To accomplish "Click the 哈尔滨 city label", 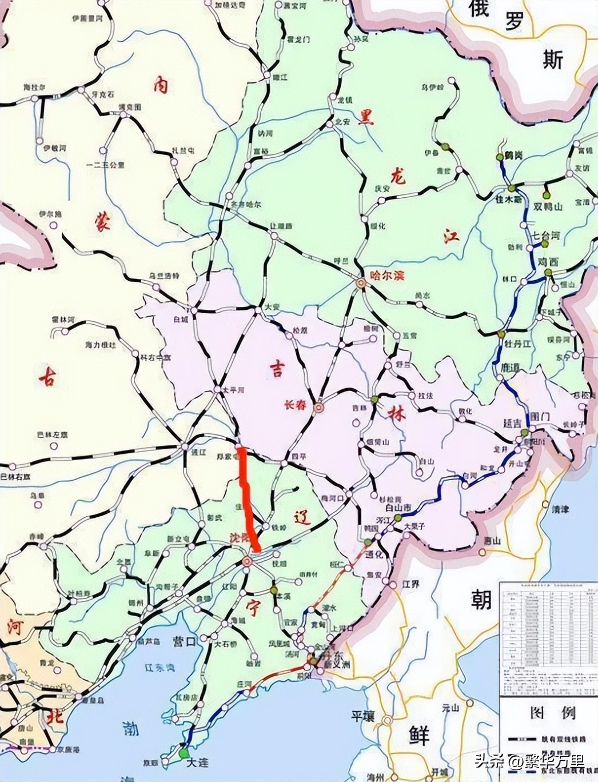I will click(x=388, y=276).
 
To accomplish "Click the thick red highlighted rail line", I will click(x=246, y=497).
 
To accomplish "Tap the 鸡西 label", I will click(x=547, y=261).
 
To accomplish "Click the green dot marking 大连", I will click(x=184, y=753).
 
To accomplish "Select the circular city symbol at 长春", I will click(x=318, y=408).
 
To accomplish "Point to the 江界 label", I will click(x=410, y=584).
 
